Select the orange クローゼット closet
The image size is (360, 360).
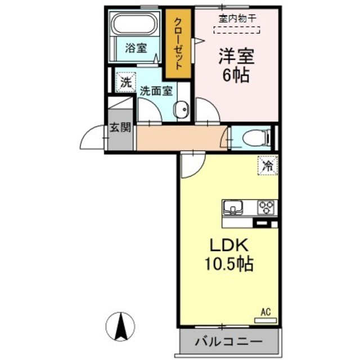[178, 44]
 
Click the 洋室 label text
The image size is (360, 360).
[236, 56]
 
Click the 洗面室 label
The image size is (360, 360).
[156, 90]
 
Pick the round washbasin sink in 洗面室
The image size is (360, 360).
[182, 110]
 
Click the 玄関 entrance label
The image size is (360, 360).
[120, 127]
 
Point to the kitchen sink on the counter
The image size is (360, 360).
[232, 208]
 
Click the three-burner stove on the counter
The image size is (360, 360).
[265, 207]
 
